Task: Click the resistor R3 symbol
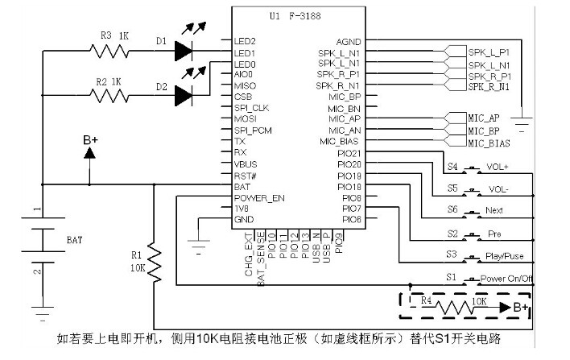tap(109, 52)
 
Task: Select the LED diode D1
tap(182, 51)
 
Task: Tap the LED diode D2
tap(182, 96)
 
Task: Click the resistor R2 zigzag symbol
tap(109, 96)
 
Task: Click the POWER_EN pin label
tap(258, 197)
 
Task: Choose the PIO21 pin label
tap(348, 152)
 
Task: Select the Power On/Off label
tap(508, 278)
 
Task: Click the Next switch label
tap(494, 211)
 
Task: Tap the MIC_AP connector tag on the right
tap(484, 118)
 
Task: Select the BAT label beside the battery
tap(72, 239)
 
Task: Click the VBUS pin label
tap(246, 163)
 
